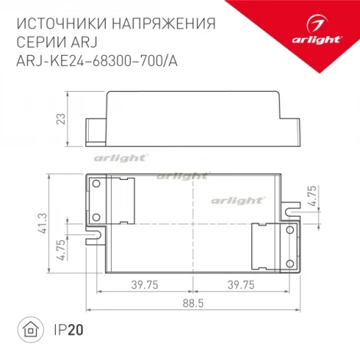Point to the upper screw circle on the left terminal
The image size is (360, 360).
(x=97, y=185)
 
